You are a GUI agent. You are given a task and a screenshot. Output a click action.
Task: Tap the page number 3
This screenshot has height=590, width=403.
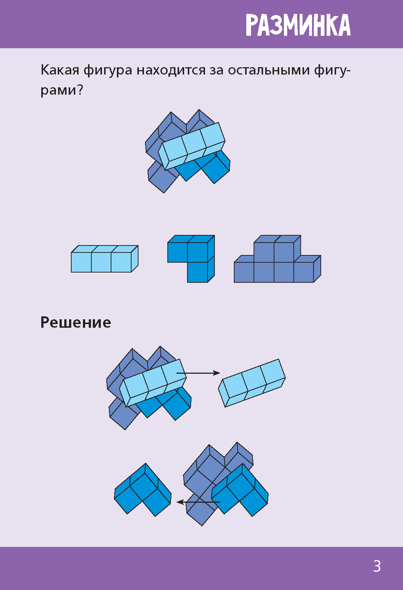pos(377,566)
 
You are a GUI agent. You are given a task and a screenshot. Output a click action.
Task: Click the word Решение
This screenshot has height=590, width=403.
pos(76,322)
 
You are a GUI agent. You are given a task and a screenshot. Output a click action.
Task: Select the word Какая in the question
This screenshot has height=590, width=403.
pos(60,70)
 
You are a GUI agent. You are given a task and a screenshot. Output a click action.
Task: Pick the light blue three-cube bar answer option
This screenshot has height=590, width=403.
pos(104,259)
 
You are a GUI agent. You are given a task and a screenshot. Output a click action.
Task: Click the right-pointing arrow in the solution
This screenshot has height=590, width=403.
pos(199,373)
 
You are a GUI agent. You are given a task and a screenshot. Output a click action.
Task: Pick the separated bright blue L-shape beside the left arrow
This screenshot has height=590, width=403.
pos(142,490)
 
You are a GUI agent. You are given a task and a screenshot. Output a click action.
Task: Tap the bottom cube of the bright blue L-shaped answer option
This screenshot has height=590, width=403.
pos(198,272)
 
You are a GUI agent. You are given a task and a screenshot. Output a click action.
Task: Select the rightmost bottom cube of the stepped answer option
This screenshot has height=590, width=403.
pos(304,272)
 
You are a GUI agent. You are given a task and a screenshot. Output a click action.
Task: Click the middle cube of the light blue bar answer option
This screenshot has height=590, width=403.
pos(101,262)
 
